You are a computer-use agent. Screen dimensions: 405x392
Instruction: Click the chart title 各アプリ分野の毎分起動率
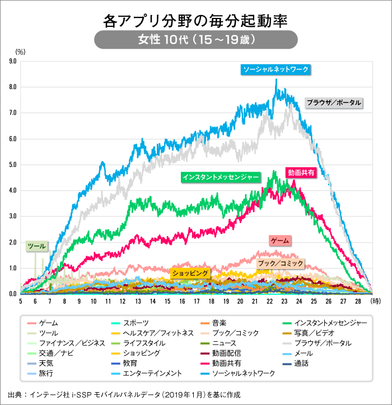coord(195,21)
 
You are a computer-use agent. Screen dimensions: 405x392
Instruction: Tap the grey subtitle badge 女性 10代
coord(195,40)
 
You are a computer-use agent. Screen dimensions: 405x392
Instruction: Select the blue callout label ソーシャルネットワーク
coord(276,69)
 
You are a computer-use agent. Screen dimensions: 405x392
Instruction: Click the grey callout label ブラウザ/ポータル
coord(334,103)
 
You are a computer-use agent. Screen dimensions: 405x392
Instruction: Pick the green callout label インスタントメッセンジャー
coord(221,177)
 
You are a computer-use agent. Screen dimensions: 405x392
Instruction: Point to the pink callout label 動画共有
coord(302,173)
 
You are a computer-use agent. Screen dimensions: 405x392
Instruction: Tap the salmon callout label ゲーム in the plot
coord(280,241)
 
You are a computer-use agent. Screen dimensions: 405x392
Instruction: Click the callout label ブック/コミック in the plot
coord(281,263)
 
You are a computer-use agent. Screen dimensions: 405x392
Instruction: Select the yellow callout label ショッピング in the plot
coord(190,273)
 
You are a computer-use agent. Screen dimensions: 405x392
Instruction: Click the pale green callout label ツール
coord(37,246)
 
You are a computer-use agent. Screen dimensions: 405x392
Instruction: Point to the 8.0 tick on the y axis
coord(12,87)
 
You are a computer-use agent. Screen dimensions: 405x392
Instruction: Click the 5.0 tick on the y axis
coord(12,165)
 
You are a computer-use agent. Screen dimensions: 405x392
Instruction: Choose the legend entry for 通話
coord(301,363)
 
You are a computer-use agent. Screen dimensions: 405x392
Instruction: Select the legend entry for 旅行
coord(46,373)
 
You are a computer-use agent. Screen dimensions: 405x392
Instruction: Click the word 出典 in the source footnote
coord(16,394)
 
